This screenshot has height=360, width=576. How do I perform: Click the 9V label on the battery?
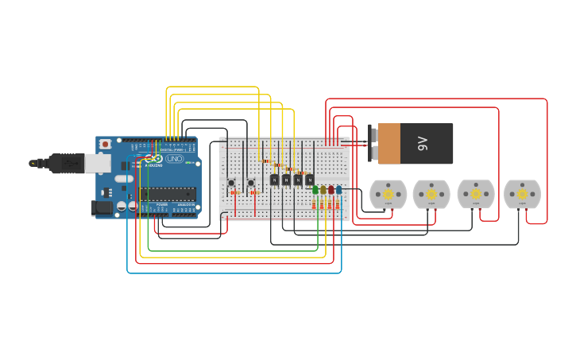coord(423,144)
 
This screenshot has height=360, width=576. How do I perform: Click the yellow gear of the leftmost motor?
coord(388,194)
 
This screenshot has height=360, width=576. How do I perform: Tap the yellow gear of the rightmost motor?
coord(522,194)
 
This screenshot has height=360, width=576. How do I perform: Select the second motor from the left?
coord(431,194)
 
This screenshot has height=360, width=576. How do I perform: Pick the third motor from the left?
coord(476,194)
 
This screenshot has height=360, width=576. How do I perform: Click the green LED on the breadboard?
coord(315,190)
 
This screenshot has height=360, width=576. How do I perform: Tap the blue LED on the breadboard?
coord(338,190)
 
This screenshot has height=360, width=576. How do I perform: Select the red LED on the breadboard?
coord(331,190)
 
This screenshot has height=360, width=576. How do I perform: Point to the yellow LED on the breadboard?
coord(323,190)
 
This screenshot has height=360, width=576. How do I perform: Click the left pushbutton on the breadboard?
coord(231,183)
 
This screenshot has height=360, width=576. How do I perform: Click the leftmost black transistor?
coord(274,180)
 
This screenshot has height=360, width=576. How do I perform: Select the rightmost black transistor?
coord(309,180)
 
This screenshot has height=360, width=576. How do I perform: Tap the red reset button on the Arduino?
coord(105,144)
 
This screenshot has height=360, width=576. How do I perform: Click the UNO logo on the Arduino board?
coord(174,159)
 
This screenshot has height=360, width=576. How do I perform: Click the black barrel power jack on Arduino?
coord(102,207)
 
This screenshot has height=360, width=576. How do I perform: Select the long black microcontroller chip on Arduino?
coord(168,193)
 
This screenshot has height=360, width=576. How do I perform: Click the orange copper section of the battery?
coord(389,144)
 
